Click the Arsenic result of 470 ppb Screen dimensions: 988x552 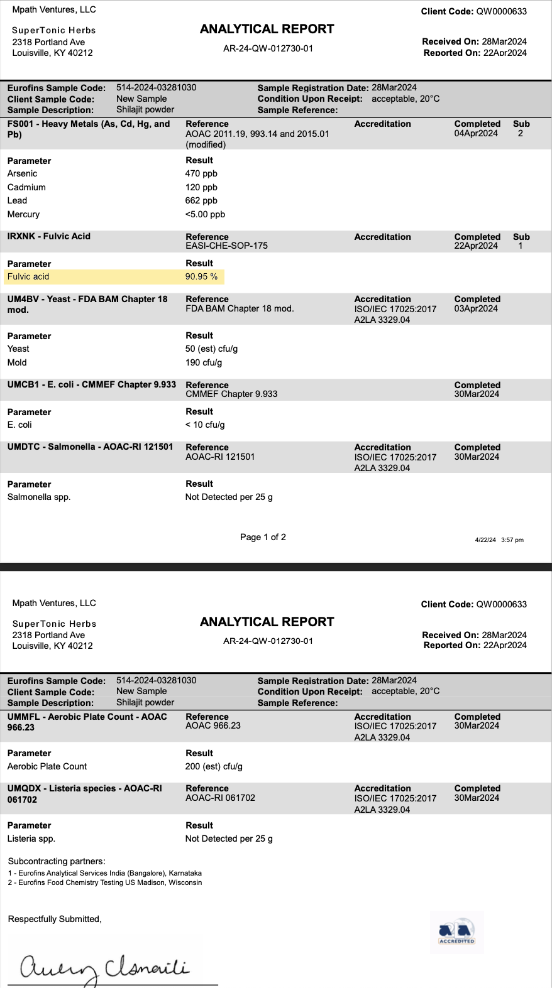(201, 174)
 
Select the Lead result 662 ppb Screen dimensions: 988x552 (201, 201)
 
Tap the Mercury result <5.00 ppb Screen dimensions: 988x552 (205, 215)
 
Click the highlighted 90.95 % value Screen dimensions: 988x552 (201, 277)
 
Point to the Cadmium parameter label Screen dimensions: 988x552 (26, 188)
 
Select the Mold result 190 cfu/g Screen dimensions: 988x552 (204, 363)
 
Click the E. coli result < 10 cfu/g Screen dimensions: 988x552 (205, 425)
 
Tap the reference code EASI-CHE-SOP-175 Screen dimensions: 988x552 (227, 246)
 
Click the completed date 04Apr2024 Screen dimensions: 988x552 (476, 133)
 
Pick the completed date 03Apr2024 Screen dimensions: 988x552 (476, 308)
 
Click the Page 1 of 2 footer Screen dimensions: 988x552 (263, 538)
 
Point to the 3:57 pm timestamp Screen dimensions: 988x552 (512, 540)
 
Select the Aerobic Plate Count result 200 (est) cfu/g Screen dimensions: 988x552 (214, 767)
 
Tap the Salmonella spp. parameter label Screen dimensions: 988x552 (39, 497)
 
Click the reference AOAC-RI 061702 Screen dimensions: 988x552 (221, 798)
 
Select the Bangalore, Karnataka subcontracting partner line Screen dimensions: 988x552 (105, 874)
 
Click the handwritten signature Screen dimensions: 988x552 (104, 968)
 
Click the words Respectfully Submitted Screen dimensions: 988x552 (55, 920)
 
